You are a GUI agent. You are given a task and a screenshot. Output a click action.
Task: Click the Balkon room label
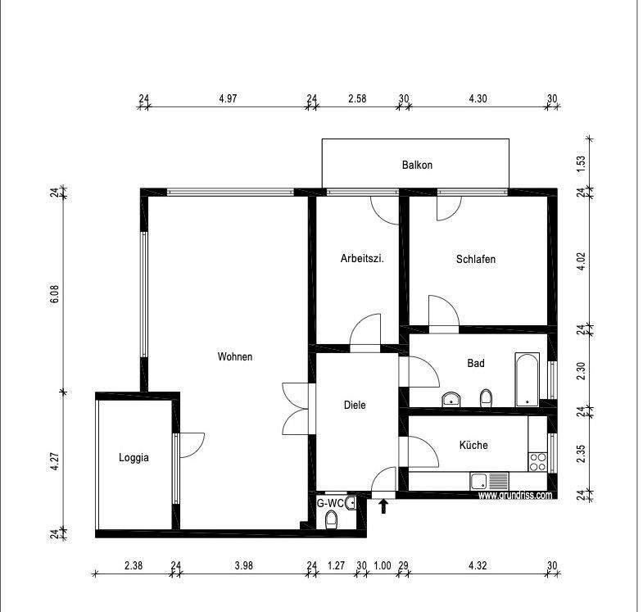coord(417,165)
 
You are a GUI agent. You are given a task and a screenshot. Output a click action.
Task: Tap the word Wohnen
coord(235,356)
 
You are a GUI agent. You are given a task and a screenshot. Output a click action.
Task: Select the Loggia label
coord(134,458)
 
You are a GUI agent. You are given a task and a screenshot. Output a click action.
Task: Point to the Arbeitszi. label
coord(362,259)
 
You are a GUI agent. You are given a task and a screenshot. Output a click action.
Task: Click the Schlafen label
coord(476,259)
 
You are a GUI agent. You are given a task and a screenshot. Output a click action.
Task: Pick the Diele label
coord(355,406)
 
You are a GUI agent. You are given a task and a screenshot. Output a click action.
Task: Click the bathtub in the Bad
coord(527,379)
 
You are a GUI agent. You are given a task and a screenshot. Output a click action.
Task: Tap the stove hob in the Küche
coord(537,461)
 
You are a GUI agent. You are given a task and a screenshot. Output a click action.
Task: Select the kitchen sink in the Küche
coord(489,481)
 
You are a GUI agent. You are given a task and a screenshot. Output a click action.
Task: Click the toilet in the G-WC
coord(331,521)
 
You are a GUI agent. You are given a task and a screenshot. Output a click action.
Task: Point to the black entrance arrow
coord(383,506)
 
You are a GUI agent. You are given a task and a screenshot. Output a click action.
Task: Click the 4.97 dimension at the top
coord(228,98)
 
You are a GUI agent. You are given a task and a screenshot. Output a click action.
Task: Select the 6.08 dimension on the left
coord(55,294)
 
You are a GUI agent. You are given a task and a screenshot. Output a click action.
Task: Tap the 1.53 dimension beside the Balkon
coord(581,164)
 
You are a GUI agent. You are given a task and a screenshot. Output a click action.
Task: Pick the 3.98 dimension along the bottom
coord(243,565)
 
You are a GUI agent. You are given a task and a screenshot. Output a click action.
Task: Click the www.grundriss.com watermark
coord(515,495)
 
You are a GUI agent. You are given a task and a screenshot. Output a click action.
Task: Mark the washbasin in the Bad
coord(451,399)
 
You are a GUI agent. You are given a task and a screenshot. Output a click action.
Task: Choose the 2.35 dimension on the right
coord(581,454)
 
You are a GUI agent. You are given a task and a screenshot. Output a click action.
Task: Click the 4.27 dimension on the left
coord(55,461)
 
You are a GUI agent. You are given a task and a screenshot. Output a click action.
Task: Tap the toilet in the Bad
coord(486,398)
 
